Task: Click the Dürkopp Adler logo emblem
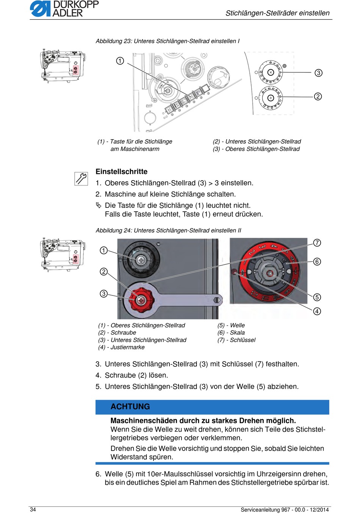point(40,9)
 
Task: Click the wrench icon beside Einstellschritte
point(81,179)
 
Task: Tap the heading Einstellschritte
point(122,171)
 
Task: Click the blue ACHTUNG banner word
point(130,407)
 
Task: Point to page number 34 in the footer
point(33,509)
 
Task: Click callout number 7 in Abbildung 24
point(317,243)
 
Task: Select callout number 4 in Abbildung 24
point(317,311)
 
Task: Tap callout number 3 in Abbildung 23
point(318,73)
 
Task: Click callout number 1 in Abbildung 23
point(120,61)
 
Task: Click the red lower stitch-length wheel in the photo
point(141,300)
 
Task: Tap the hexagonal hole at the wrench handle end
point(217,300)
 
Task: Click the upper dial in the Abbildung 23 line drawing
point(271,72)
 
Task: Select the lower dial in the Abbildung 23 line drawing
point(271,98)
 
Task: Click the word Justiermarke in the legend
point(127,347)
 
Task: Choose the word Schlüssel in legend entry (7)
point(243,340)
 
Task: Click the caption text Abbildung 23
point(113,41)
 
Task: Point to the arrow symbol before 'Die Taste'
point(99,205)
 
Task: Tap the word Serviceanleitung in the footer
point(260,510)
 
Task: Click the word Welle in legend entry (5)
point(237,325)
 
